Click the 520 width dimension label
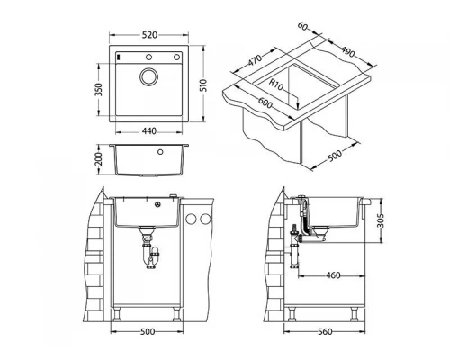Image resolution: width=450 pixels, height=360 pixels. click(x=149, y=35)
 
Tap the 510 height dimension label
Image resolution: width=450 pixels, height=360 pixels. click(x=203, y=85)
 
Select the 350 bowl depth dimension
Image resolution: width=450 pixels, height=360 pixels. click(x=99, y=89)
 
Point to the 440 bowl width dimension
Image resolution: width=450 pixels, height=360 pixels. click(x=149, y=131)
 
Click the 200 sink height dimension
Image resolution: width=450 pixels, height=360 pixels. click(x=99, y=159)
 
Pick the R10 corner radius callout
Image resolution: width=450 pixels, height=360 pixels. click(x=275, y=85)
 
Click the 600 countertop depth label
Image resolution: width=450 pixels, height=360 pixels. click(x=265, y=103)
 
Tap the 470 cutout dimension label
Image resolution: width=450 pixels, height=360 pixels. click(x=255, y=60)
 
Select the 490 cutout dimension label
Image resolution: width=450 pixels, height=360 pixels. click(x=347, y=52)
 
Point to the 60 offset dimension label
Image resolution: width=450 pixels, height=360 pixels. click(x=302, y=26)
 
